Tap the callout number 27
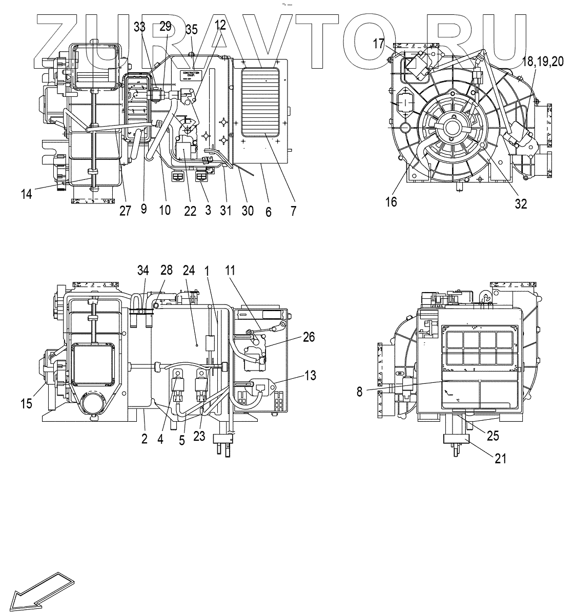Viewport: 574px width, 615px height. point(125,210)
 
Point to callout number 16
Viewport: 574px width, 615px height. point(391,202)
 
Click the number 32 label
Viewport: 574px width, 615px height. point(521,203)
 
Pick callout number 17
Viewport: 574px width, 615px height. point(379,44)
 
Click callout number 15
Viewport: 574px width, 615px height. point(26,403)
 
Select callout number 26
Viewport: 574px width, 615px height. point(309,337)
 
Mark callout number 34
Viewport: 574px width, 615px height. point(143,270)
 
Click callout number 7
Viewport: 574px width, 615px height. point(293,210)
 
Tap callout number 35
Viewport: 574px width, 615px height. point(192,29)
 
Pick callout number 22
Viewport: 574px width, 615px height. point(190,210)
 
